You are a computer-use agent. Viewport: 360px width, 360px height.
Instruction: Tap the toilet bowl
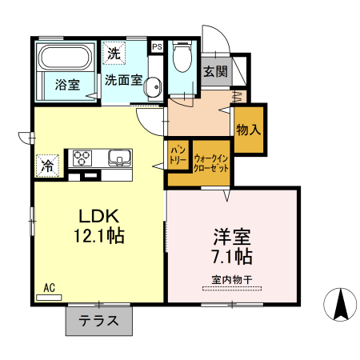(x=182, y=58)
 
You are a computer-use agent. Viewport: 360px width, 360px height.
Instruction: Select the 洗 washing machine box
(x=114, y=54)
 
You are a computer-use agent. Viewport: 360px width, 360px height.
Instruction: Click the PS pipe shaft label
(x=157, y=46)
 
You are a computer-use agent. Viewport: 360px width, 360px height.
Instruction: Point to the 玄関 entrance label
(x=214, y=71)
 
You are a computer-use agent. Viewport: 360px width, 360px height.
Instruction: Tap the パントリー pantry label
(x=178, y=155)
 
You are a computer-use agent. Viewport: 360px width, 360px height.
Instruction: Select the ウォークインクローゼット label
(x=212, y=164)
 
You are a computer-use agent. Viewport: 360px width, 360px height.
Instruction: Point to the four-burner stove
(x=84, y=158)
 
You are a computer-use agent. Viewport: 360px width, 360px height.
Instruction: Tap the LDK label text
(x=98, y=215)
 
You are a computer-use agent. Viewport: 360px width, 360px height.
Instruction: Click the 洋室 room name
(x=232, y=238)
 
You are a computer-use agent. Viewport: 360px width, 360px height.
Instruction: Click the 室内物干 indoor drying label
(x=232, y=279)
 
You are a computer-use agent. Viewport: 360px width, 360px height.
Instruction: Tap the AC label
(x=49, y=286)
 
